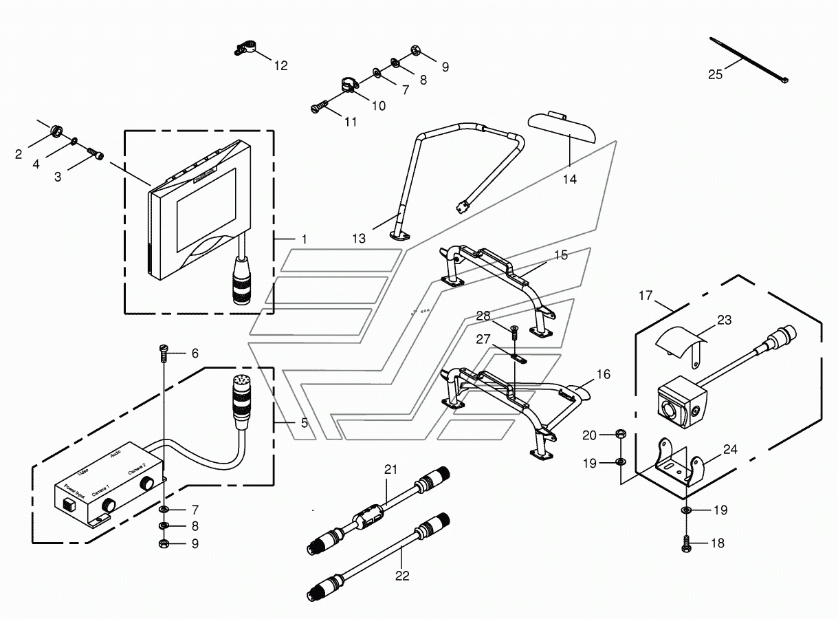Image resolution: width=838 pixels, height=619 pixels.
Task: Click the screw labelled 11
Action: (319, 108)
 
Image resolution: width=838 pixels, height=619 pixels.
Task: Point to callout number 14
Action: (569, 179)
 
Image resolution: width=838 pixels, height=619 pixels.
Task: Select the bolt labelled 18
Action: (687, 543)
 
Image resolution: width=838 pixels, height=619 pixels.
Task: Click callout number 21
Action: (391, 470)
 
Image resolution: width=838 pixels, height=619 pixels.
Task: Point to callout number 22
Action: (402, 576)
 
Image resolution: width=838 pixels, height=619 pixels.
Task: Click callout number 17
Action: (645, 296)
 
